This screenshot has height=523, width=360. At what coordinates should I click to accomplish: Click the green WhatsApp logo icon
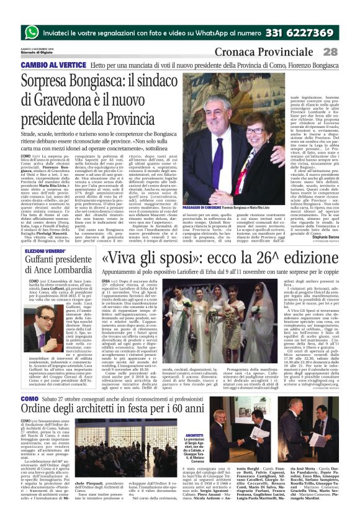click(32, 32)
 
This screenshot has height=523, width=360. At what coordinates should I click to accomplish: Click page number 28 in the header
click(330, 52)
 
